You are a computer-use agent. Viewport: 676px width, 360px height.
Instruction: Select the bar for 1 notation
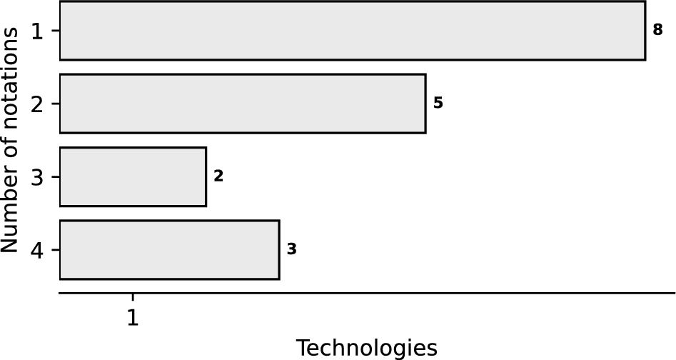tap(352, 31)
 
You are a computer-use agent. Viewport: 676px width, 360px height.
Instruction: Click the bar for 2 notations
tap(242, 104)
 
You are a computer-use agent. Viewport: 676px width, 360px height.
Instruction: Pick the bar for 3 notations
tap(133, 176)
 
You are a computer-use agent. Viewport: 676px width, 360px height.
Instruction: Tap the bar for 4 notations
tap(169, 250)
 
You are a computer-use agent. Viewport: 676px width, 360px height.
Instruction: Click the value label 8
tap(658, 30)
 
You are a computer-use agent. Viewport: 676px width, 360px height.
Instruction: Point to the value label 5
tap(438, 103)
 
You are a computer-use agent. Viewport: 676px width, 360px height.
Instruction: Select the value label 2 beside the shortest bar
tap(218, 176)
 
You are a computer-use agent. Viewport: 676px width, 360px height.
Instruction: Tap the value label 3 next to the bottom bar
tap(291, 249)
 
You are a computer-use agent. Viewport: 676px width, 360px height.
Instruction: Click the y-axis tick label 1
tap(36, 31)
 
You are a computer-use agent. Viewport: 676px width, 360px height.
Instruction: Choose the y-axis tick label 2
tap(36, 104)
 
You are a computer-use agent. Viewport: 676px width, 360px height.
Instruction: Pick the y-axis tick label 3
tap(36, 177)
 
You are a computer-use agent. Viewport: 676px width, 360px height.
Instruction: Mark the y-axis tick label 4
tap(36, 251)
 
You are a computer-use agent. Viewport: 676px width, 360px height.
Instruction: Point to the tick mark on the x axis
tap(133, 296)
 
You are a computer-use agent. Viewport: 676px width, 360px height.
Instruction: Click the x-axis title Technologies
tap(366, 348)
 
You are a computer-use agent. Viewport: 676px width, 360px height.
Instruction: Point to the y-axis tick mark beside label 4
tap(55, 250)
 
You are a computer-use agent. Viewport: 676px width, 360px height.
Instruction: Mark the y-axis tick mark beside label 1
tap(55, 31)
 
